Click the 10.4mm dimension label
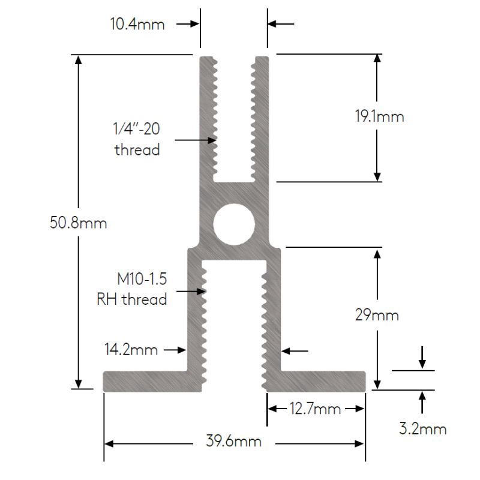pos(137,24)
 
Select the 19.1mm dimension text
pos(379,116)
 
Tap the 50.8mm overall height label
pos(79,223)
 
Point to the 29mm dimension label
pos(377,315)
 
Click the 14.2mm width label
pos(131,350)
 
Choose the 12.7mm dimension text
pos(315,409)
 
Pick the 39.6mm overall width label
pos(233,442)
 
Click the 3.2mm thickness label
pos(422,428)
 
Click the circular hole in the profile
pos(234,224)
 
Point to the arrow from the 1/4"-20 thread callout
pos(196,140)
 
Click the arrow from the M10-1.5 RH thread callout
pos(191,291)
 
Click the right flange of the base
pos(316,382)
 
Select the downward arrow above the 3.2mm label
pos(422,357)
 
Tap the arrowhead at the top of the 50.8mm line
pos(79,59)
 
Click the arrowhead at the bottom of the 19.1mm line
pos(377,176)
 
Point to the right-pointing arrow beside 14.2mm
pos(175,350)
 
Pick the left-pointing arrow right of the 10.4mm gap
pos(281,23)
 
